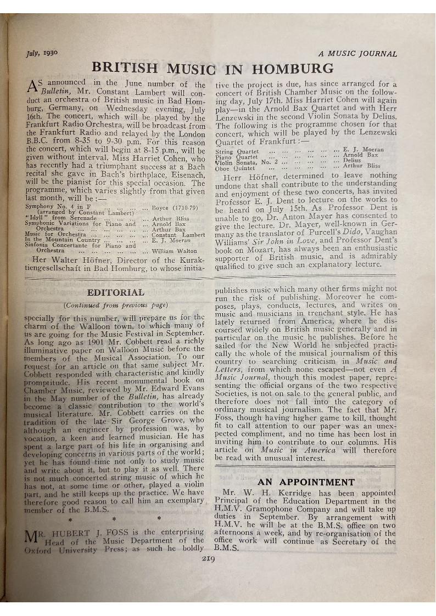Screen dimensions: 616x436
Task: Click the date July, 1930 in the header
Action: point(40,54)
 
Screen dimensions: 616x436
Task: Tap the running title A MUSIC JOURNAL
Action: point(357,54)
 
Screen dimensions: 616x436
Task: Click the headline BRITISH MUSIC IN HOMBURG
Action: point(213,69)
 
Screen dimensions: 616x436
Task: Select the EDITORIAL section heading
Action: point(116,292)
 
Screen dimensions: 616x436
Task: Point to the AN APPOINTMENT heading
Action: point(306,482)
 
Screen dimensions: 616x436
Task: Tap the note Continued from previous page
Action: point(116,304)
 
